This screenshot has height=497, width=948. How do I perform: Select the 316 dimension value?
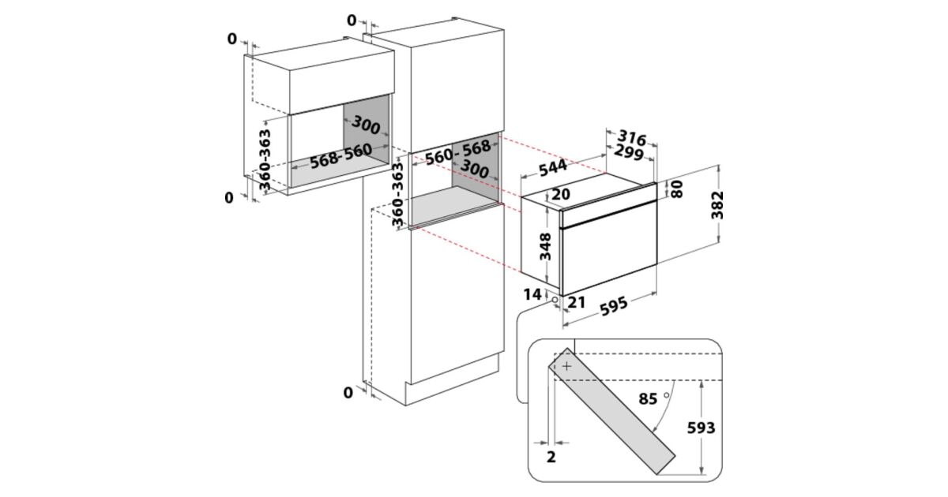tap(631, 138)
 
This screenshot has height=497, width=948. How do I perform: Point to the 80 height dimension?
tap(676, 190)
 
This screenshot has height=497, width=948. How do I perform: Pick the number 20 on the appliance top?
tap(562, 195)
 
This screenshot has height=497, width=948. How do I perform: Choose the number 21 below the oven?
tap(577, 301)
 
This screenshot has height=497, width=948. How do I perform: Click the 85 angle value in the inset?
tap(648, 399)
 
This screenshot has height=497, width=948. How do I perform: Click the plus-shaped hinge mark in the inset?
tap(567, 366)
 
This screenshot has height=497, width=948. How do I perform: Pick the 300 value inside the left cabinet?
tap(366, 124)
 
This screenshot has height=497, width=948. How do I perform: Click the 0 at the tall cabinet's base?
tap(348, 393)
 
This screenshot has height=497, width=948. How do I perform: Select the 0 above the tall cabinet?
tap(351, 20)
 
